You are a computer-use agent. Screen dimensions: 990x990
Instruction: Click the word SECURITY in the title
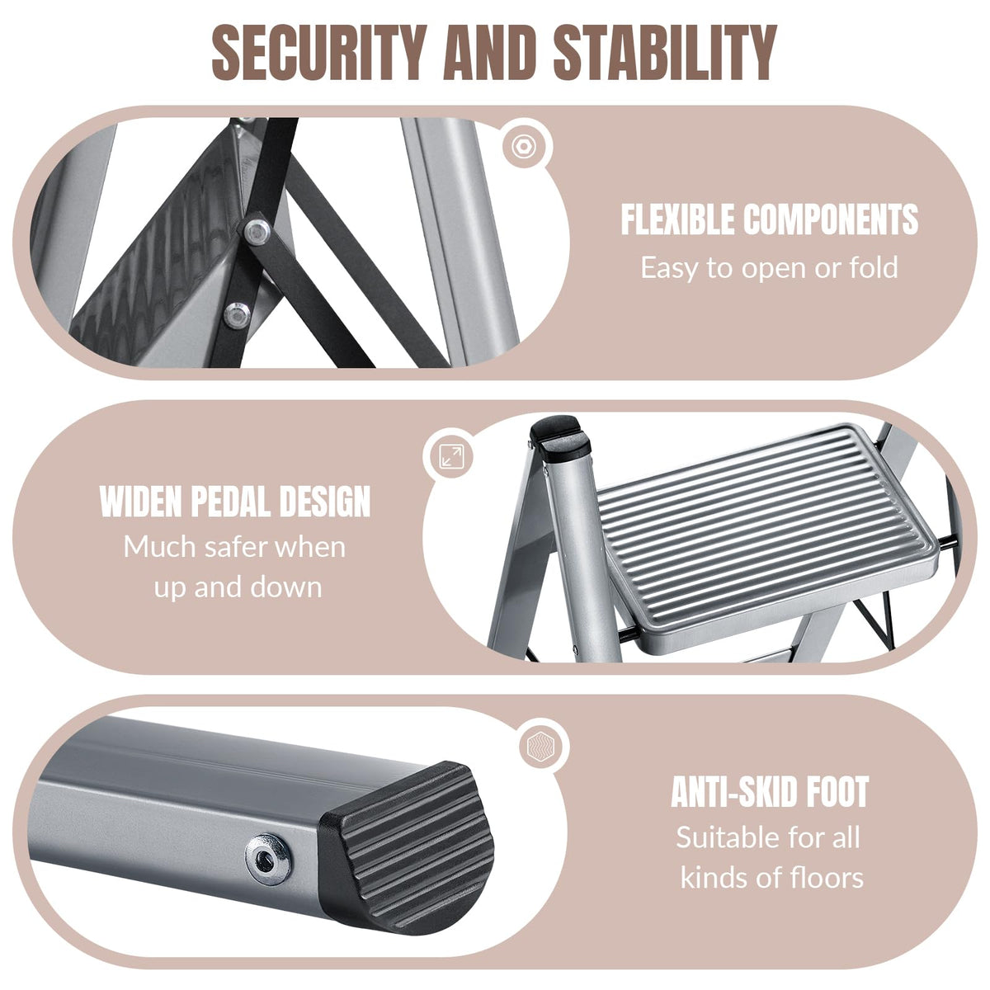(319, 52)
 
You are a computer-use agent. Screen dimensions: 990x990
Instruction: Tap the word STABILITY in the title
(665, 52)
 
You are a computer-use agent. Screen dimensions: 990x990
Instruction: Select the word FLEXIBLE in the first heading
(678, 219)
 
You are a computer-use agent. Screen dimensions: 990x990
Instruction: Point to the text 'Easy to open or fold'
(769, 267)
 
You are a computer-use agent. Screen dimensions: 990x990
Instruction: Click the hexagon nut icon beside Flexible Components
(523, 147)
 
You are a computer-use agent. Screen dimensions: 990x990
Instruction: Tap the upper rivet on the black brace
(257, 233)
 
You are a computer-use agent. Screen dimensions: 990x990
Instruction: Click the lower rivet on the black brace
(237, 315)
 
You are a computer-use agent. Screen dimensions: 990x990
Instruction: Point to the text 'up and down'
(238, 587)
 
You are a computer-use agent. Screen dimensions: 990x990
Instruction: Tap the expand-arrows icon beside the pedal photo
(452, 456)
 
